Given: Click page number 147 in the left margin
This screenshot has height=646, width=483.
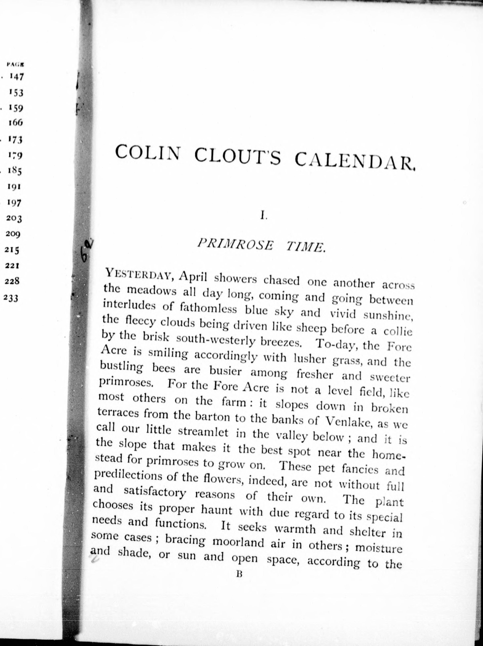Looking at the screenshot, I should point(16,77).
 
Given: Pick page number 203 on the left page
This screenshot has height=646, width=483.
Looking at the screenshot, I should point(14,218).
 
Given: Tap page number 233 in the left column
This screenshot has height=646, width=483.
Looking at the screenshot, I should point(11,298).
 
